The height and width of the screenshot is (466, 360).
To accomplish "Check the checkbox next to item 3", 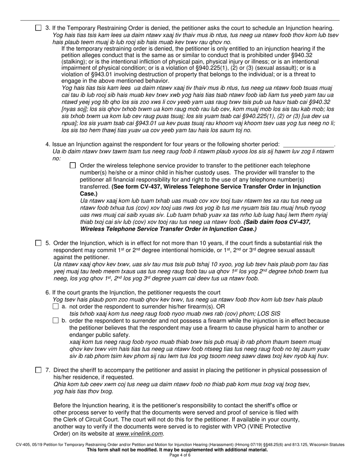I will pos(38,28).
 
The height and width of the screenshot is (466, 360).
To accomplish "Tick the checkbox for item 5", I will pos(38,243).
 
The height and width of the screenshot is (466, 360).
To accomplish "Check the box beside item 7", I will pos(38,370).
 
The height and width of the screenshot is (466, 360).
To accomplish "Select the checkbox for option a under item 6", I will pos(56,306).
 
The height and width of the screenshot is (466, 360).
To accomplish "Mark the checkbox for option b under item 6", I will pos(56,321).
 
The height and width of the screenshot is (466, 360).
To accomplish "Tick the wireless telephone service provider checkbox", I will pos(73,166).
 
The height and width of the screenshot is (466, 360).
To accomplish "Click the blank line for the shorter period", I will pos(309,145).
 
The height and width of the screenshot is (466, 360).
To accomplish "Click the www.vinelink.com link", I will pos(140,433).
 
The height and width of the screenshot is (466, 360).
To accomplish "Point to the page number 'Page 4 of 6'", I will pos(180,455).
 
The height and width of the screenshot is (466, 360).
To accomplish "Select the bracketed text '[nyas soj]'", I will pos(74,109).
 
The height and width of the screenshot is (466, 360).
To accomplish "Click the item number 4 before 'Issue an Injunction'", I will pos(47,144).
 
